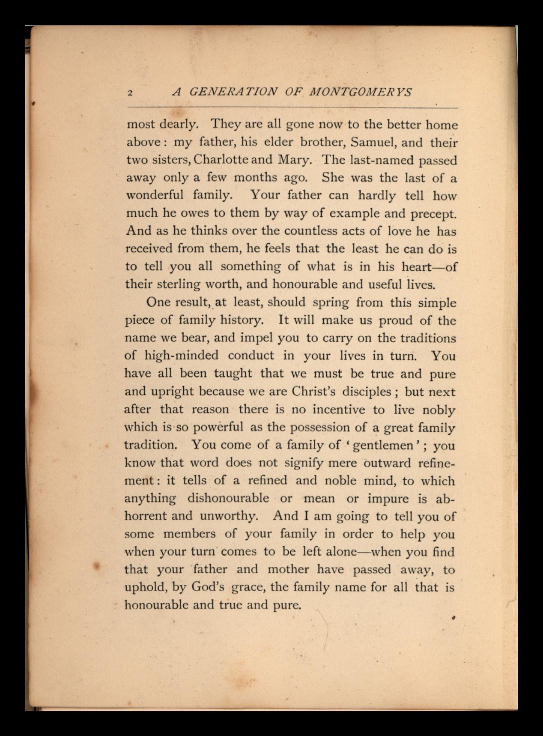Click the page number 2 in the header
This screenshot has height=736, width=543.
tap(130, 93)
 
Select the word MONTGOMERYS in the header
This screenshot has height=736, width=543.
tap(361, 92)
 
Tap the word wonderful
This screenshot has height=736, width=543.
tap(155, 195)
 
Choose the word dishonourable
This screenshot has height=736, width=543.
tap(228, 498)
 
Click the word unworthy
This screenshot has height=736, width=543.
tap(229, 516)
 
